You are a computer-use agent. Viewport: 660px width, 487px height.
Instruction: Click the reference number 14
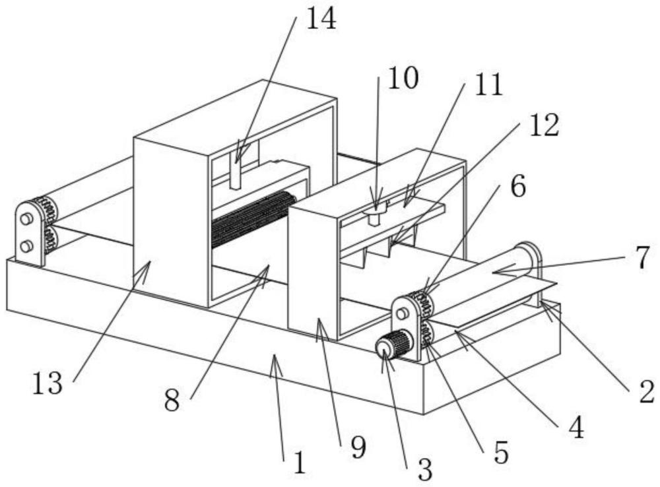tap(321, 18)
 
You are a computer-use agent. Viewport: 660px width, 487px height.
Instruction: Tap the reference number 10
tap(402, 79)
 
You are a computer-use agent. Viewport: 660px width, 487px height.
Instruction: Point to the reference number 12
tap(544, 125)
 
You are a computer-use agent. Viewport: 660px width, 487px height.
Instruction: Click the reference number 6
tap(518, 187)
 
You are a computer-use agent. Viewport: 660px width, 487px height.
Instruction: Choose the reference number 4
tap(576, 428)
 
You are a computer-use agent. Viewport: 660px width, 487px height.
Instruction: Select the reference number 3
tap(425, 469)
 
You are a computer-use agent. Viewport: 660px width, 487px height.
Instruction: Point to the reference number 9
tap(357, 448)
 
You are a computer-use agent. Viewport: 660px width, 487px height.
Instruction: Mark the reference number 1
tap(300, 463)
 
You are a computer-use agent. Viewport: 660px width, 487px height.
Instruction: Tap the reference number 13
tap(49, 382)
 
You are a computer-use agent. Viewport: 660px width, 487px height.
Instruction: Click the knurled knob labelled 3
tap(395, 345)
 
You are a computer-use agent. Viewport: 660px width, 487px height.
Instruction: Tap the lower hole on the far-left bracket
tap(26, 246)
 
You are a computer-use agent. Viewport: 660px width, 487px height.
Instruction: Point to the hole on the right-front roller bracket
tap(401, 313)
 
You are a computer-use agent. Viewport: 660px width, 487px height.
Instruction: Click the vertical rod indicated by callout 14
tap(235, 173)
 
